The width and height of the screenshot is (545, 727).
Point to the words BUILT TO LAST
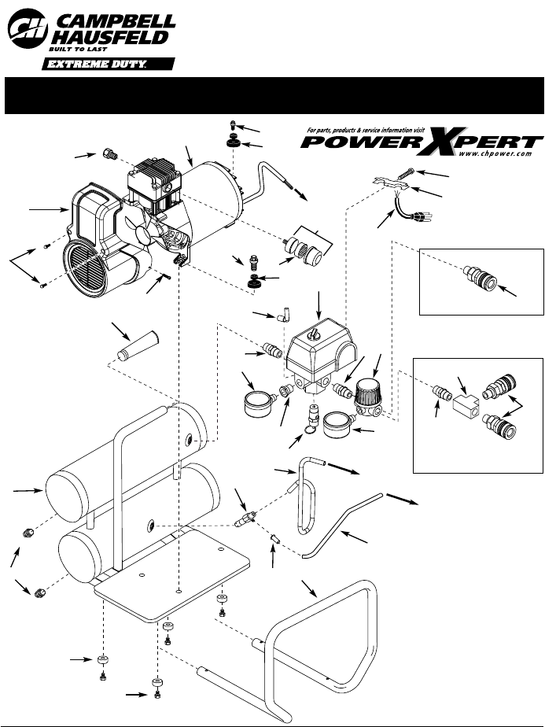tap(83, 50)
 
